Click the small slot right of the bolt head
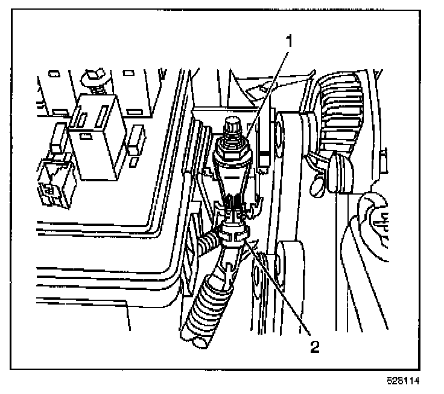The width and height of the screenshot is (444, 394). tap(128, 74)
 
